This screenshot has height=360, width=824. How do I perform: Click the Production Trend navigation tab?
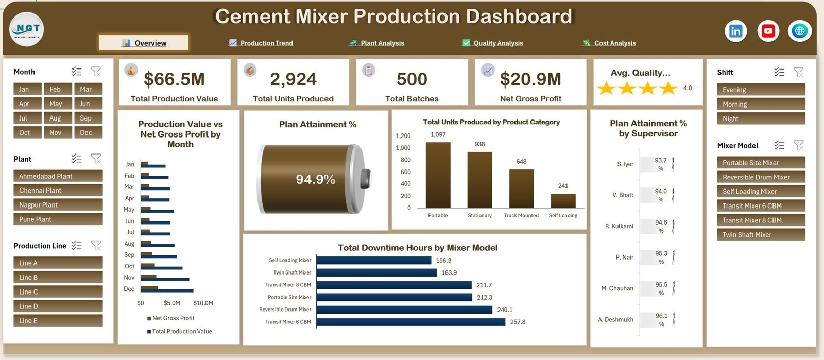pos(261,43)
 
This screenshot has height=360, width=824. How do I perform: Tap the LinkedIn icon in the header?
pos(735,31)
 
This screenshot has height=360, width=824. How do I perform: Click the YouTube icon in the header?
pos(768,31)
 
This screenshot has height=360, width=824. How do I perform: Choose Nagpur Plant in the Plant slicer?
pos(58,205)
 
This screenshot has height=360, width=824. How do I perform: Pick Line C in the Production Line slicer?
pos(58,292)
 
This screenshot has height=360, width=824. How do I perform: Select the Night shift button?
pos(761,118)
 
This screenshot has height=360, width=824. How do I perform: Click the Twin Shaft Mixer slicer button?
pos(761,235)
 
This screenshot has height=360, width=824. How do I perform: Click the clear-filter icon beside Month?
pos(96,72)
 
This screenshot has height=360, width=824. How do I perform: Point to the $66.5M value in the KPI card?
pos(174,79)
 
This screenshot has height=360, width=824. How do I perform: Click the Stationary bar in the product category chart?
pos(479,180)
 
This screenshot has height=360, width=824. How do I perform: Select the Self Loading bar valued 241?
pos(563,201)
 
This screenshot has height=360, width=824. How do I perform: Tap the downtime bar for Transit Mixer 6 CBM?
pos(411,322)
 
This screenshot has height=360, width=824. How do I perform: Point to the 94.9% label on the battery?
pos(316,179)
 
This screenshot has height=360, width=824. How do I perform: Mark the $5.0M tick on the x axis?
pos(172,303)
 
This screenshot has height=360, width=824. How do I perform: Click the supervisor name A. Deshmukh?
pos(616,319)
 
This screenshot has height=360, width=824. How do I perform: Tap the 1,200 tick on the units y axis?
pos(403,135)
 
